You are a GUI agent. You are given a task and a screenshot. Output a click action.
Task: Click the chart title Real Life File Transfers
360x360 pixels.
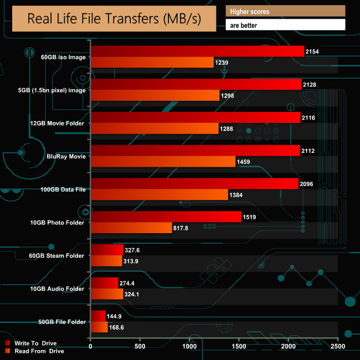point(114,18)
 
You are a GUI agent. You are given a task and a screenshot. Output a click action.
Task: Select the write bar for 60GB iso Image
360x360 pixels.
point(197,52)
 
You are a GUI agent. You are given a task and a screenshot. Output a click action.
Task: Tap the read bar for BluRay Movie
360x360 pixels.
point(163,162)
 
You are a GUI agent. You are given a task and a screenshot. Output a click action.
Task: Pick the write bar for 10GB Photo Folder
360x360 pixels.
point(166,217)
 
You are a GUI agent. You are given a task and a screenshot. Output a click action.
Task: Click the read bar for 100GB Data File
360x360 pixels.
point(159,194)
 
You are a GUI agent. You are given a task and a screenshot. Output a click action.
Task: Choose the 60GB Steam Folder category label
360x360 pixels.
point(58,256)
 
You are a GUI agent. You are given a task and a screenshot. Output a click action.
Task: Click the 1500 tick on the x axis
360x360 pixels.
point(239,347)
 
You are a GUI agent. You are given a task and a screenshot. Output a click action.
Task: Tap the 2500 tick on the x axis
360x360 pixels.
point(337,347)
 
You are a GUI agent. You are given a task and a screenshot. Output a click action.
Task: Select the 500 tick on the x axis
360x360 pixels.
point(140,347)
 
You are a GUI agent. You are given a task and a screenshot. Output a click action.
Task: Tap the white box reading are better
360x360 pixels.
point(285,25)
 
